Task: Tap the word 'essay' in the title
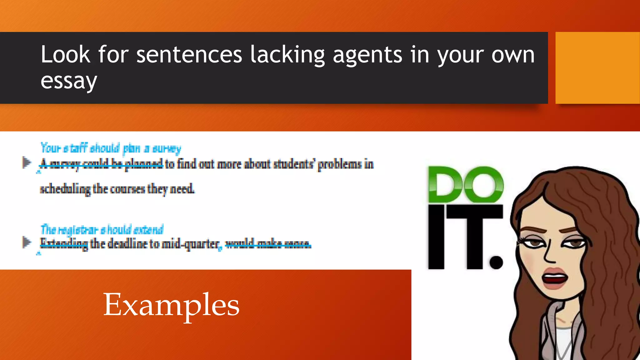pyautogui.click(x=69, y=81)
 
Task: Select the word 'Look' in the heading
pyautogui.click(x=65, y=55)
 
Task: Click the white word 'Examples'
pyautogui.click(x=171, y=305)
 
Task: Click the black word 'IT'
pyautogui.click(x=456, y=237)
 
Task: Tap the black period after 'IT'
pyautogui.click(x=496, y=262)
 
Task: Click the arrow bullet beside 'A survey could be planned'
pyautogui.click(x=27, y=162)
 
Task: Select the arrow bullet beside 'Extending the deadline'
pyautogui.click(x=27, y=242)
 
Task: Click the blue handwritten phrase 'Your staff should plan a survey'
pyautogui.click(x=111, y=148)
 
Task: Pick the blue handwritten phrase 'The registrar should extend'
pyautogui.click(x=102, y=230)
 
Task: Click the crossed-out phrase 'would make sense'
pyautogui.click(x=268, y=243)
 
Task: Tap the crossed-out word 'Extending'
pyautogui.click(x=64, y=243)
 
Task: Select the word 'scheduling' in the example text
pyautogui.click(x=65, y=189)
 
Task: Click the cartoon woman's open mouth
pyautogui.click(x=555, y=278)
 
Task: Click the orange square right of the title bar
pyautogui.click(x=597, y=68)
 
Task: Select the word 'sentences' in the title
pyautogui.click(x=189, y=55)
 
